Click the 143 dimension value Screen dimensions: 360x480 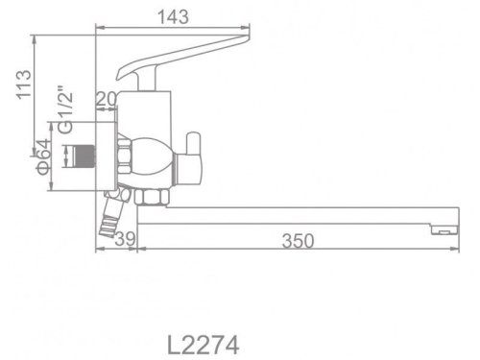tap(176, 16)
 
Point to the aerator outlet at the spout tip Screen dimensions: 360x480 tap(441, 229)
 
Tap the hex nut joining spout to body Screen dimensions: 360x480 tap(150, 196)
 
